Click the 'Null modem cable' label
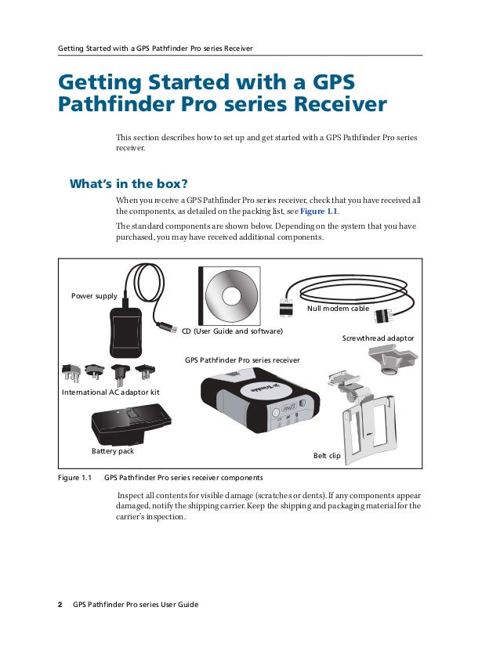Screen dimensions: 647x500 338,309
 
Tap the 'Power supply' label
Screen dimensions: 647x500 94,296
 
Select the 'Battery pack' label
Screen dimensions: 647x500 113,452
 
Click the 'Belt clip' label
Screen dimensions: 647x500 327,455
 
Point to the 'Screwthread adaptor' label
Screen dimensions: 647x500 378,338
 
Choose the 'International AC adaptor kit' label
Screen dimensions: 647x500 111,390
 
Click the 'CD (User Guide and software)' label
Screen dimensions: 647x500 232,331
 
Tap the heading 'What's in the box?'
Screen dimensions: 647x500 129,185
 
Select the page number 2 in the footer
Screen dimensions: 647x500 60,605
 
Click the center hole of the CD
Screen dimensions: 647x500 232,295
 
